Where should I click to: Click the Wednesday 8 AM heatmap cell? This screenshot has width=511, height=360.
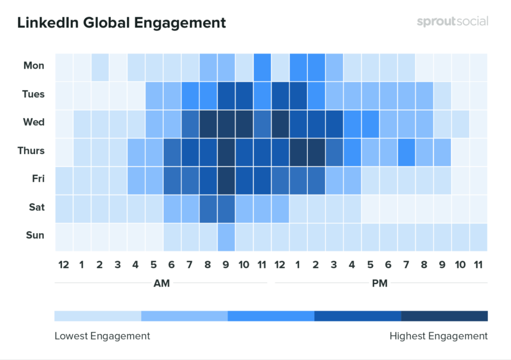[208, 122]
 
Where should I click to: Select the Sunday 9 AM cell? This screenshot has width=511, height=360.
[226, 235]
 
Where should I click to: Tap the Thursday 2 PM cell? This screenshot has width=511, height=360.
[316, 151]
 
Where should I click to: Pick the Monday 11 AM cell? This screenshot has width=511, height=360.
[262, 66]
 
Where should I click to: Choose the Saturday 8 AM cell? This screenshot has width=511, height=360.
[208, 207]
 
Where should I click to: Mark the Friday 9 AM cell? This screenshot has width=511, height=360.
[226, 179]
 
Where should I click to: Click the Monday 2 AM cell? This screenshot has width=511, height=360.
[100, 66]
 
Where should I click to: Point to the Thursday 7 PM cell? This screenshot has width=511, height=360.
[406, 151]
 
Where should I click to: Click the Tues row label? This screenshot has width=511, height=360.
[33, 94]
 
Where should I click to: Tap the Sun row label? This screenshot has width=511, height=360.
[35, 235]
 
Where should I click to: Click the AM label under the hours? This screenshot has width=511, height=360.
[161, 284]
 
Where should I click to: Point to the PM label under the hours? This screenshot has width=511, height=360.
[380, 284]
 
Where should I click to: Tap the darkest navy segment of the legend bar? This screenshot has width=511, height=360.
[444, 316]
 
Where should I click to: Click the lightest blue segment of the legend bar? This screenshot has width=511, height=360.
[98, 316]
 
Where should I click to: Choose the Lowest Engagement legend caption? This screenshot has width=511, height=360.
[102, 336]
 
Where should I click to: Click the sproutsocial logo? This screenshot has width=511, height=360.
[452, 22]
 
